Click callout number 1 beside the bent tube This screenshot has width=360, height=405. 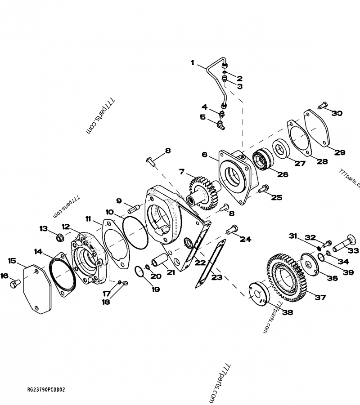coord(193,63)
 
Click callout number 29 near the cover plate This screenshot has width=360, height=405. coord(339,152)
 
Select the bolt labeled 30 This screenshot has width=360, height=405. coord(321,106)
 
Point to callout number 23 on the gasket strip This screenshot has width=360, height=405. coord(217,277)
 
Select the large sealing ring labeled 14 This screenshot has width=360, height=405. coord(62,275)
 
